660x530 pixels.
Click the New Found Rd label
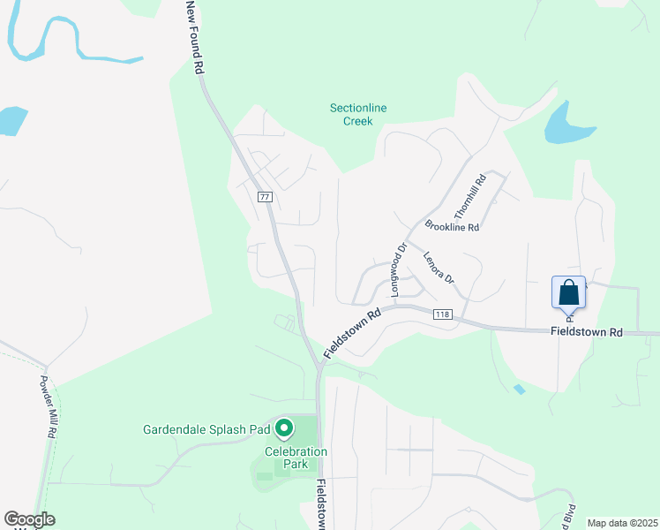coord(195,36)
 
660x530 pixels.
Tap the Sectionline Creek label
coord(358,115)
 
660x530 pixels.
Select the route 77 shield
coord(265,196)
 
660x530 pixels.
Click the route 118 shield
coord(443,314)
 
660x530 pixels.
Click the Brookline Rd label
coord(452,227)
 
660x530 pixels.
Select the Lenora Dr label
coord(438,269)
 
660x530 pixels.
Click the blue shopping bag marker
coord(569,292)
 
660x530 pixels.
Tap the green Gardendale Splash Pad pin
coord(284,429)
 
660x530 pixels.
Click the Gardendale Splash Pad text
coord(206,430)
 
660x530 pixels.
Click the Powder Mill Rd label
coord(46,407)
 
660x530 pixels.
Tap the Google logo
coord(29,519)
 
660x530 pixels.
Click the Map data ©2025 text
coord(621,523)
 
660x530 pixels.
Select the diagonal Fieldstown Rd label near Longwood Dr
coord(352,332)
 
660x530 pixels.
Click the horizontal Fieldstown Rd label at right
coord(587,332)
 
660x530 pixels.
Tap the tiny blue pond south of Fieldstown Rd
coord(520,389)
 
